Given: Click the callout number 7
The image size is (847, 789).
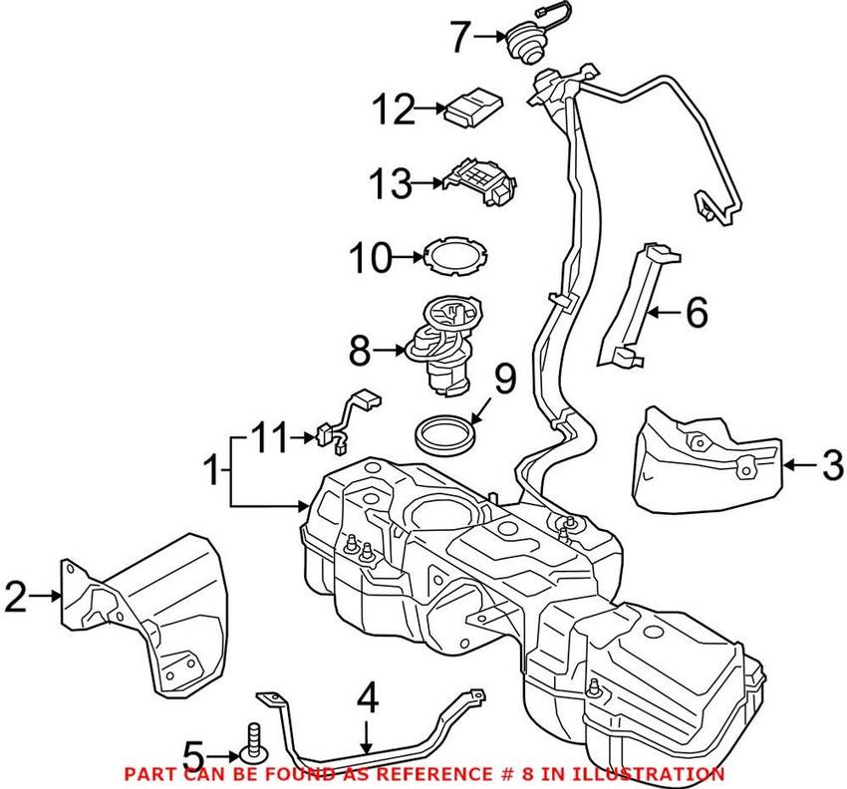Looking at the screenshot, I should click(459, 38).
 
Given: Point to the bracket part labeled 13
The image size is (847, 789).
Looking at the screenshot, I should click(482, 182).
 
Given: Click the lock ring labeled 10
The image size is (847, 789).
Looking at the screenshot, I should click(449, 257).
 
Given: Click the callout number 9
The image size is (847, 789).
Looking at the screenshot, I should click(505, 379).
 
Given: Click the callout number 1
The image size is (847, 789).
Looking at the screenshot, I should click(210, 466).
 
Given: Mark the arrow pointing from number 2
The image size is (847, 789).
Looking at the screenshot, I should click(48, 597).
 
